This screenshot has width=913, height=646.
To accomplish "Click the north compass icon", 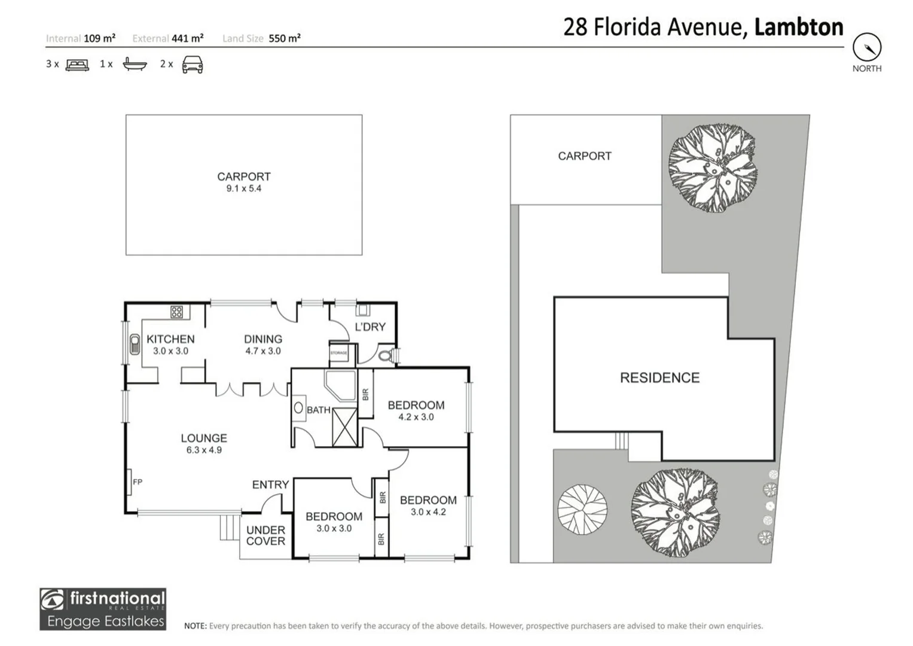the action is click(x=866, y=47).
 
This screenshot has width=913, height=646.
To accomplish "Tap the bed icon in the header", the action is click(x=77, y=65).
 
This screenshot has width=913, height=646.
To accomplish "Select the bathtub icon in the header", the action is click(x=135, y=64).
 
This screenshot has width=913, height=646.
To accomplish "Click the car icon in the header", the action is click(x=193, y=65).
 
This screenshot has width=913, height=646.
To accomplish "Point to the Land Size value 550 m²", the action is click(x=285, y=38).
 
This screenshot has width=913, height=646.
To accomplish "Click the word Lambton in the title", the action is click(x=799, y=28).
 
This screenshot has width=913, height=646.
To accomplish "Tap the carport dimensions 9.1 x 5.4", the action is click(x=243, y=188).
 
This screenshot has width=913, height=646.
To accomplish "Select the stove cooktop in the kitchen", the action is click(x=176, y=312).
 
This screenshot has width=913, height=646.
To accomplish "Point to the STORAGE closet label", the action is click(x=338, y=353).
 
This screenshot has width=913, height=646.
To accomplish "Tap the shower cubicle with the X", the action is click(x=344, y=426).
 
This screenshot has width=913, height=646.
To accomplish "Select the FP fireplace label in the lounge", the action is click(x=138, y=482).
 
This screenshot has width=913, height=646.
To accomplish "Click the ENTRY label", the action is click(x=270, y=484).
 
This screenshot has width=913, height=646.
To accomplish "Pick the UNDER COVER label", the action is click(x=265, y=535).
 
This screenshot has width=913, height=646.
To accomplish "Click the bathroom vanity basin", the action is click(x=298, y=409).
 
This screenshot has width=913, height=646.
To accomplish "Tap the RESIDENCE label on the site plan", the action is click(x=659, y=378).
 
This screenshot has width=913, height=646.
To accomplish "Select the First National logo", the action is click(x=103, y=609).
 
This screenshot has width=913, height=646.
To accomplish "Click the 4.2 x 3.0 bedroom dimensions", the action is click(x=416, y=418).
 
